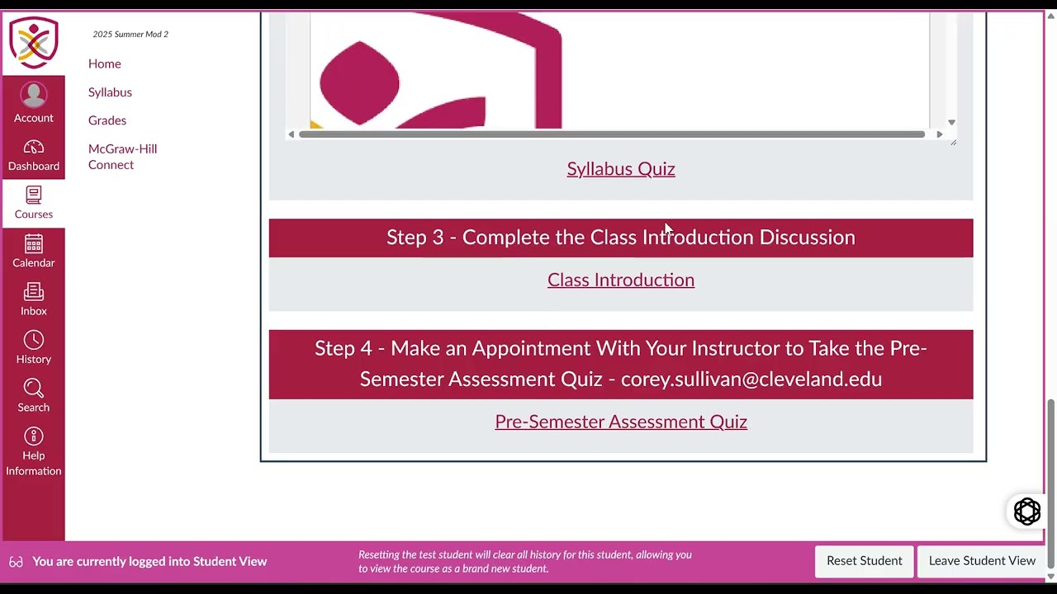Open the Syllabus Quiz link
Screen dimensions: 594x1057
(620, 169)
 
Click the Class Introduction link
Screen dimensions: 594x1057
(620, 280)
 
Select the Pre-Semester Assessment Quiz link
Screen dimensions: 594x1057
(620, 422)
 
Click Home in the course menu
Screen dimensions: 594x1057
(104, 64)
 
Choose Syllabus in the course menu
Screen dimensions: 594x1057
(110, 92)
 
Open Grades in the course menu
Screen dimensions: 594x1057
(107, 120)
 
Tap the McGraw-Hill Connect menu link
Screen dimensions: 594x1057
(122, 157)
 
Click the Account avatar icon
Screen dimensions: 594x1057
(33, 96)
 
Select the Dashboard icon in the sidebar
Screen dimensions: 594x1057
(33, 148)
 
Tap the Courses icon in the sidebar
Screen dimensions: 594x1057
(33, 196)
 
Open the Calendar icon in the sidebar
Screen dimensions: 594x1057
(33, 244)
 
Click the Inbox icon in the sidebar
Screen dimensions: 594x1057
(33, 292)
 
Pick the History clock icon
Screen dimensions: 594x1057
(33, 340)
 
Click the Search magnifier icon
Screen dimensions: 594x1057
(33, 388)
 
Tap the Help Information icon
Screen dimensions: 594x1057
(33, 436)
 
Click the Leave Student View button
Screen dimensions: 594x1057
(982, 561)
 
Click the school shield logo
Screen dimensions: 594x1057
(33, 42)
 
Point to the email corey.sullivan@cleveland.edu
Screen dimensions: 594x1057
(751, 379)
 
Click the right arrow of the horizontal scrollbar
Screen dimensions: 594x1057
(939, 134)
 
